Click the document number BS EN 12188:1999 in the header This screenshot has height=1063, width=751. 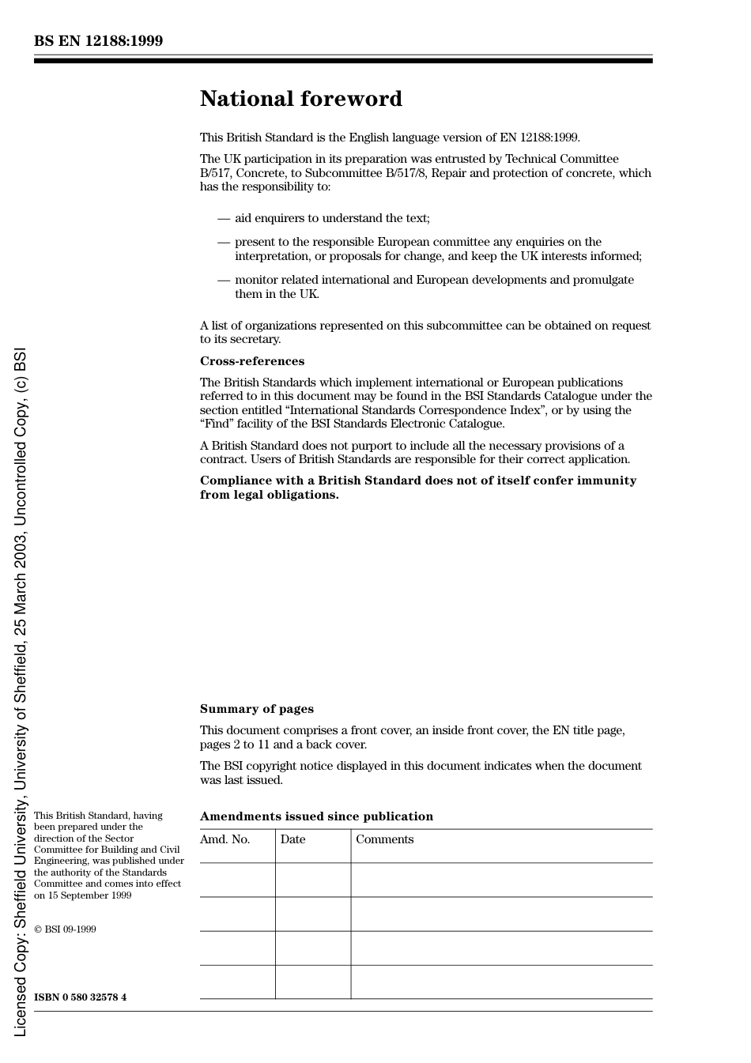click(98, 41)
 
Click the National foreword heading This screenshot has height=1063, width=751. click(300, 99)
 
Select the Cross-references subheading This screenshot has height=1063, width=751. click(251, 361)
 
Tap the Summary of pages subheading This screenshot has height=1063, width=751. click(256, 709)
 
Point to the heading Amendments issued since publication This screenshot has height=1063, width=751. click(316, 816)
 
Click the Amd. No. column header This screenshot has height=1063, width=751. click(225, 839)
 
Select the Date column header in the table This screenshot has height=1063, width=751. click(292, 839)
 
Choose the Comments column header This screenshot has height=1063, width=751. click(384, 839)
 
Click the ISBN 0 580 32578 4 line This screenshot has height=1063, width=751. click(80, 997)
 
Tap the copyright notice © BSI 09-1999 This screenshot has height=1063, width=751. click(65, 929)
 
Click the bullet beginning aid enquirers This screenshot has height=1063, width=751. click(332, 218)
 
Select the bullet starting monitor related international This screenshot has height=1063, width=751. click(433, 280)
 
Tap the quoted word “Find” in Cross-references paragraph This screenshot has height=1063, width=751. click(215, 424)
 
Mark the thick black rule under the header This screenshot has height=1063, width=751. click(343, 61)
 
